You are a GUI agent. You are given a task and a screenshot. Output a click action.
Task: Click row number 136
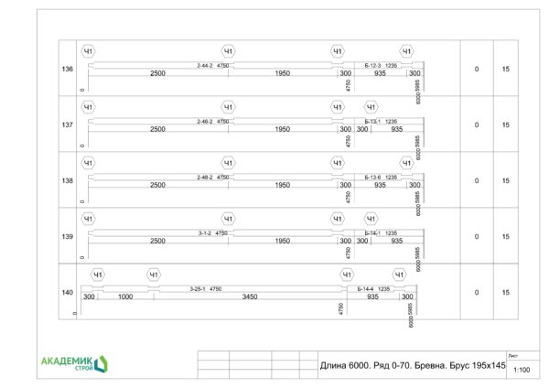(x=67, y=70)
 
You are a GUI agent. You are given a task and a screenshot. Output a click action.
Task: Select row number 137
(x=67, y=125)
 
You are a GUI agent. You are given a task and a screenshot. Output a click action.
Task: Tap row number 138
(x=67, y=181)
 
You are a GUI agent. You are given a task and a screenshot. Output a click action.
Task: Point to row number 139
(x=67, y=237)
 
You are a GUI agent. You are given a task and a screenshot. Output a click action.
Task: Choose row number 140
(x=67, y=293)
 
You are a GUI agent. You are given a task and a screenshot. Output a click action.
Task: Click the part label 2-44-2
(x=204, y=66)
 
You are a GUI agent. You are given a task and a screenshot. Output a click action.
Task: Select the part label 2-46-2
(x=204, y=122)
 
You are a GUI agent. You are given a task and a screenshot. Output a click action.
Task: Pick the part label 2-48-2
(x=204, y=178)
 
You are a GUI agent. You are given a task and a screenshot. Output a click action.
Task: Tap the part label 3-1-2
(x=205, y=233)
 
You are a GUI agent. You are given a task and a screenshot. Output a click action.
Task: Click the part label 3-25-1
(x=198, y=289)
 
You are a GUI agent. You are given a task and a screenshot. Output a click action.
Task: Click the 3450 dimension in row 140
(x=249, y=297)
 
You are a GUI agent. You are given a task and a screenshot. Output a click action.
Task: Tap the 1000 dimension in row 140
(x=126, y=297)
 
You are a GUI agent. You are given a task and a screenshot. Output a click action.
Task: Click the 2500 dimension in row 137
(x=157, y=130)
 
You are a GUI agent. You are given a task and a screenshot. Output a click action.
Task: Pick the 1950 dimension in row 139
(x=283, y=242)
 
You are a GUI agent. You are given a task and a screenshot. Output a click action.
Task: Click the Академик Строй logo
(x=74, y=364)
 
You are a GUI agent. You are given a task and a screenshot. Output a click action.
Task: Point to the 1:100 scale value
(x=522, y=369)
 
